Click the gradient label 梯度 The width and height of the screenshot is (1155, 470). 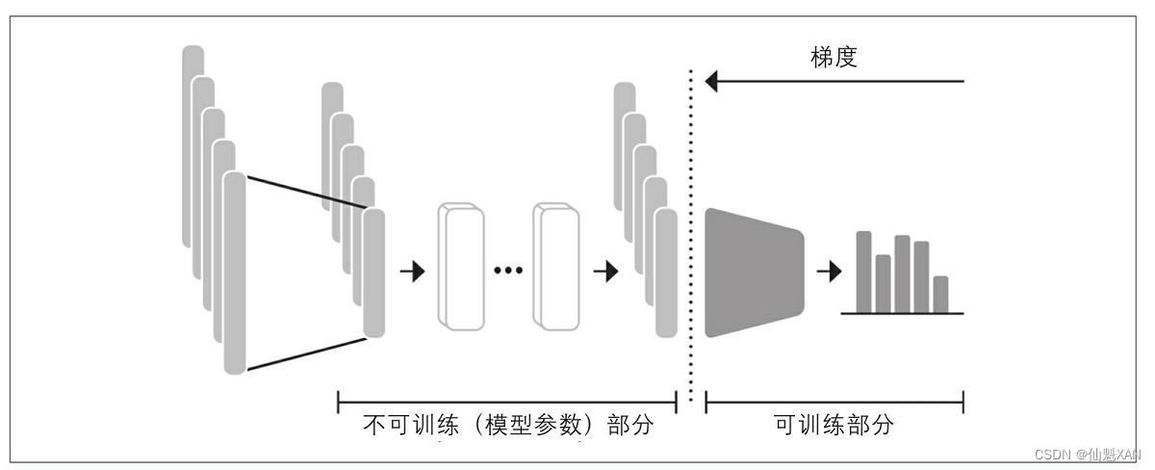[834, 57]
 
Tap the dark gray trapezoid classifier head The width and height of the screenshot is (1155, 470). [752, 272]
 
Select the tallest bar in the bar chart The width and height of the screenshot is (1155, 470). [863, 272]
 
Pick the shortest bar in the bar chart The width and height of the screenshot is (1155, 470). [940, 294]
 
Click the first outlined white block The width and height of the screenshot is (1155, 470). [460, 267]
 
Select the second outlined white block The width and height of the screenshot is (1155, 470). [556, 267]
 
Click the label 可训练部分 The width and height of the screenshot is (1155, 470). [834, 425]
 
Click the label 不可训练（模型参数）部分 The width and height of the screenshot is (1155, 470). [507, 425]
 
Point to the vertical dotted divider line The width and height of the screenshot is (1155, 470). [691, 241]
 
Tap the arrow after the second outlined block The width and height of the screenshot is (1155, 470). [605, 272]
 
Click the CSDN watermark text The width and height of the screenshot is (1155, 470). [1087, 454]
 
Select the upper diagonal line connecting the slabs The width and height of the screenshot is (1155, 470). [305, 191]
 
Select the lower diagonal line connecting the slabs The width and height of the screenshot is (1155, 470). [305, 353]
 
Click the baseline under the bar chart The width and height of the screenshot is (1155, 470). [902, 314]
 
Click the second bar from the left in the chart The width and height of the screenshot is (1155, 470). [883, 283]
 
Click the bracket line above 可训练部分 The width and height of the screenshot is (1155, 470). [834, 402]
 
